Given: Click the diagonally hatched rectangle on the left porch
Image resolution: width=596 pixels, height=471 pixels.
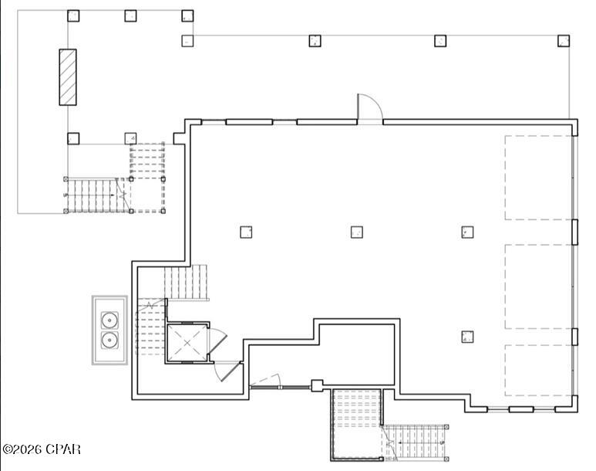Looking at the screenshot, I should coord(69,76).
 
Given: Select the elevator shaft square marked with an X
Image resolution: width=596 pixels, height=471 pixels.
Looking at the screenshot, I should coord(186,341).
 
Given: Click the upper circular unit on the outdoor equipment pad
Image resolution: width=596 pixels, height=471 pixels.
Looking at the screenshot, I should coord(109,318).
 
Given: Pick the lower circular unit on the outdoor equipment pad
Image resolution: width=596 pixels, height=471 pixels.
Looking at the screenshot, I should coord(109,341).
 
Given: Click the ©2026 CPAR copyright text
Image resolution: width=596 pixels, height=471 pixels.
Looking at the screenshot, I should coord(42,449).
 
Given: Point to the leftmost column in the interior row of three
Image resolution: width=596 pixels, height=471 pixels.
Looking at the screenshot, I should coord(246,232).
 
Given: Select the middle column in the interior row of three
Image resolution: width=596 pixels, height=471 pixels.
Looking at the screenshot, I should coord(357,232).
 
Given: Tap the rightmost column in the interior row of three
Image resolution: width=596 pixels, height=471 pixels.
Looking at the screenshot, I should coord(467,232).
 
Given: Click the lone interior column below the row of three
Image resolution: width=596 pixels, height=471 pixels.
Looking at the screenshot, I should coord(467,336).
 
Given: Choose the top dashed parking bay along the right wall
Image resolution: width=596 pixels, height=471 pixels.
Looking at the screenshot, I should coord(538,178).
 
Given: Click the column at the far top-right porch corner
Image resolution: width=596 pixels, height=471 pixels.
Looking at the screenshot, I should coord(564,40).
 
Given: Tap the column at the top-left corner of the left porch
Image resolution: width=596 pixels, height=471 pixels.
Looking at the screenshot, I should coord(73,15).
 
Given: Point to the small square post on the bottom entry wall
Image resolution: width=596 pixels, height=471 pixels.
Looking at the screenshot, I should coord(315,384).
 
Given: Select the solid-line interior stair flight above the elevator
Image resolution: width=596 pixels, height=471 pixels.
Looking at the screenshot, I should coord(187,283).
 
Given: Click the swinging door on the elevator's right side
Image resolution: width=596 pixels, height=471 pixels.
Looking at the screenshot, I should coord(218,337).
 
